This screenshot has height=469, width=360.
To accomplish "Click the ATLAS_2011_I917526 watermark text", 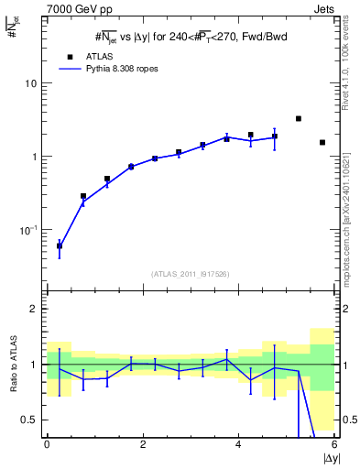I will pos(189,274).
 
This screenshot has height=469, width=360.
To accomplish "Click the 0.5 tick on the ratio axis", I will pos(31,420).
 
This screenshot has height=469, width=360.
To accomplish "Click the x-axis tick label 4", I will pos(238,444).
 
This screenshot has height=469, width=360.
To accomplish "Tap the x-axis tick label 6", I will pos(334,444).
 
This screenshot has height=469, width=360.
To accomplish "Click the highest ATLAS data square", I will pos(299,119).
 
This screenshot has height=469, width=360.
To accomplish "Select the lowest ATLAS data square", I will pos(60,245).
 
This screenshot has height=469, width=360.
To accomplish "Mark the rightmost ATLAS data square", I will pos(322,142).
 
